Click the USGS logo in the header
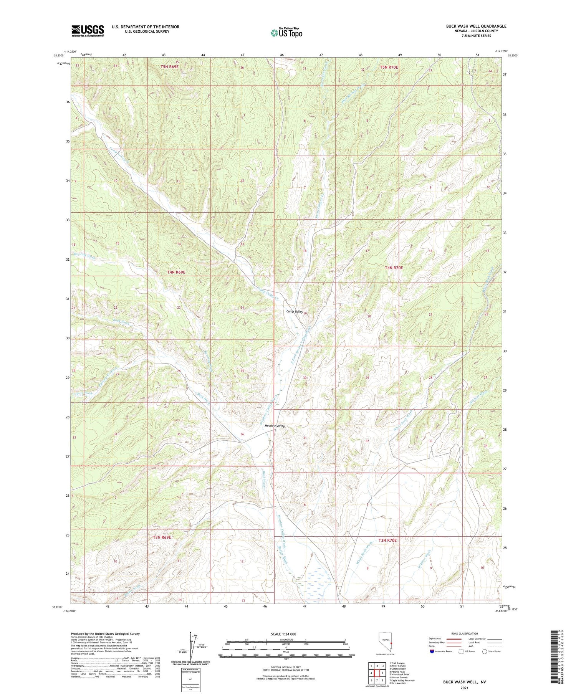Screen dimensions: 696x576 (x=88, y=31)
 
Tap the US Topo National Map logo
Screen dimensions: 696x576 (x=286, y=33)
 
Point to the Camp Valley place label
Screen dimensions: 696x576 (x=295, y=312)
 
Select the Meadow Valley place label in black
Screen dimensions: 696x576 (x=273, y=426)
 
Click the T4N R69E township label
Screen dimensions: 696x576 (x=177, y=272)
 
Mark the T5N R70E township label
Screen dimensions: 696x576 (x=389, y=67)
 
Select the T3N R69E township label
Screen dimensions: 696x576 (x=161, y=537)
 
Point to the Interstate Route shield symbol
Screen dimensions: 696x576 (x=432, y=651)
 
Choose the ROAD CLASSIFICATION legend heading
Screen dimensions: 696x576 (x=465, y=633)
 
